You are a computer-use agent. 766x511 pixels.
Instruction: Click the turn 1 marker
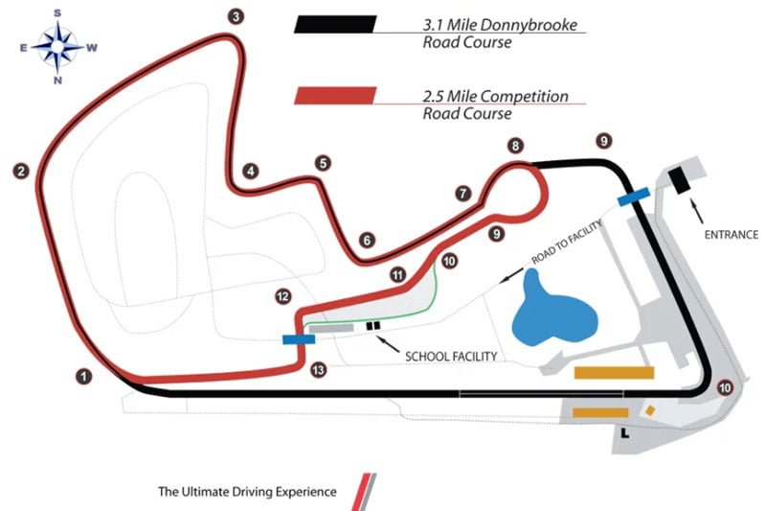pos(85,376)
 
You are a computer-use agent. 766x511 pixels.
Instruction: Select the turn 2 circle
pos(21,172)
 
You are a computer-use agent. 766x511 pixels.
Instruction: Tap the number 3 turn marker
pos(236,15)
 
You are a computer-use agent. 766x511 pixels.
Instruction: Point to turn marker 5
pos(323,163)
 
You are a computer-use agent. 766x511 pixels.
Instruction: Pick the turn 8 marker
pos(516,146)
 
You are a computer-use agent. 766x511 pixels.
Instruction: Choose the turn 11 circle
pos(397,274)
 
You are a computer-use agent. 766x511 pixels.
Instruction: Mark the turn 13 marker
pos(318,369)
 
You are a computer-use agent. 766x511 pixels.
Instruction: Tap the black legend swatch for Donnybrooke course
pos(335,26)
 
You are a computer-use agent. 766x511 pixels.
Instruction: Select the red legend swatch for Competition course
pos(335,97)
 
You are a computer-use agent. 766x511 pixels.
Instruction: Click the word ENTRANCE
pos(731,234)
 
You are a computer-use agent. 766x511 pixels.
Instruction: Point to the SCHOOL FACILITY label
pos(450,357)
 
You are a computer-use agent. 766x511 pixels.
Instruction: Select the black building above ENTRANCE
pos(680,178)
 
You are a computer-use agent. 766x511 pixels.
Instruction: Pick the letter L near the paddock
pos(625,435)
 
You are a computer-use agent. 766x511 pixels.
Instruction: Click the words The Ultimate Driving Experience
pos(247,492)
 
